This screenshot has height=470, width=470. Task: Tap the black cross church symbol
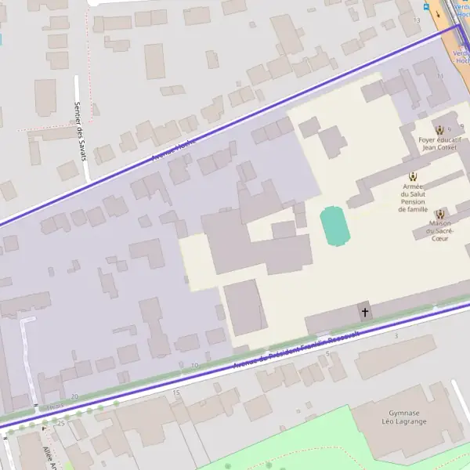click(x=364, y=313)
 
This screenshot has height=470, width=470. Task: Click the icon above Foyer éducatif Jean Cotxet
click(x=439, y=130)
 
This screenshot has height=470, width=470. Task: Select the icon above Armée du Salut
click(x=413, y=177)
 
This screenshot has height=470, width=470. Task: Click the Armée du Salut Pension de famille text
click(x=413, y=198)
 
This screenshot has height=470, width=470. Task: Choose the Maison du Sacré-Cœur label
click(x=439, y=230)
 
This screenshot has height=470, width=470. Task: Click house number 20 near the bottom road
click(x=74, y=397)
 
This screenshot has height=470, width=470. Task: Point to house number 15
click(x=176, y=392)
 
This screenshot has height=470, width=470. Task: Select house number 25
click(x=60, y=423)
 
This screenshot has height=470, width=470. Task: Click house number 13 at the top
click(x=417, y=20)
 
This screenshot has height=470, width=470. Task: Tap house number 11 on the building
click(x=440, y=76)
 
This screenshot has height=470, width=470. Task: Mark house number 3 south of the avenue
click(x=396, y=336)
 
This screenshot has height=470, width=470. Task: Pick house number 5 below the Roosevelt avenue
click(x=327, y=353)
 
